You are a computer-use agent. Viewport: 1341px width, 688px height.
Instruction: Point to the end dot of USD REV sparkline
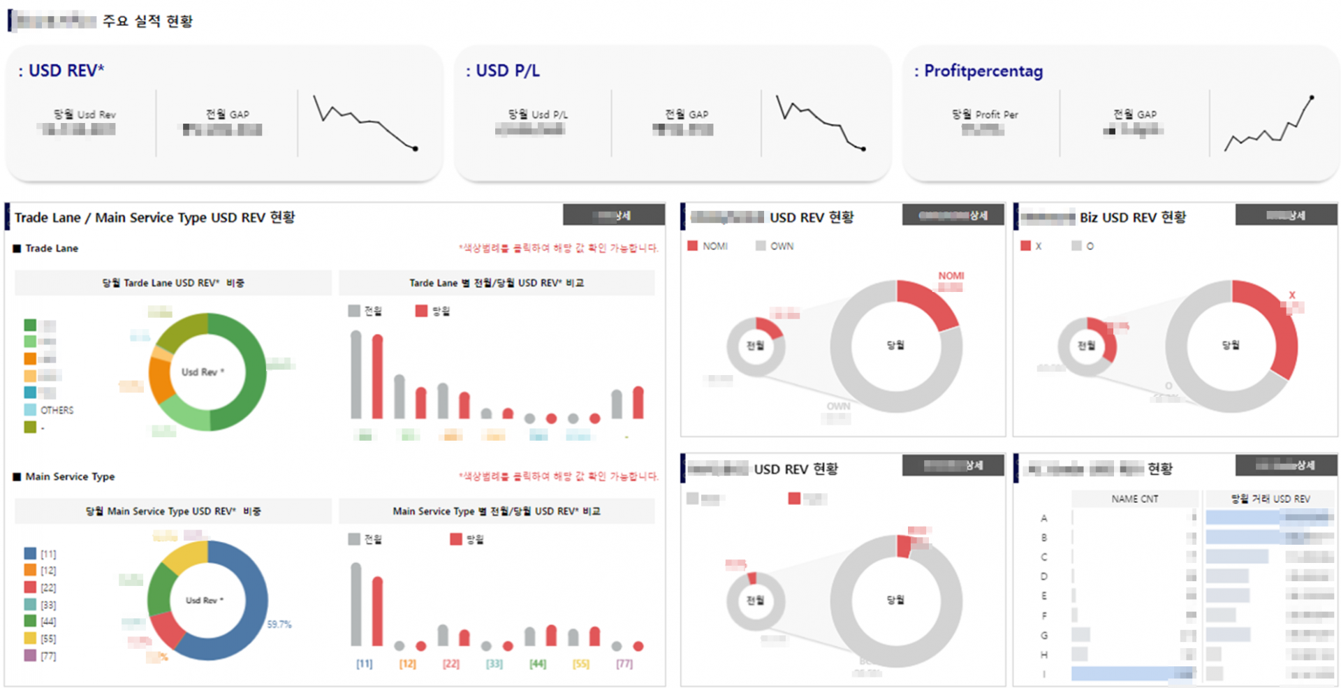[416, 149]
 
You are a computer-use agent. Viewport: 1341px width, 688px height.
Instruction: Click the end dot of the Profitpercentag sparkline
[1312, 98]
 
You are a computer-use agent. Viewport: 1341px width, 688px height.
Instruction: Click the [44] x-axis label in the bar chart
[537, 664]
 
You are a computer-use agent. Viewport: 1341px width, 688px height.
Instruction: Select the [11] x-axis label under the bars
[364, 664]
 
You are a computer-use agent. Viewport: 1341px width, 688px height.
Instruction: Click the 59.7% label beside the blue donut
[279, 624]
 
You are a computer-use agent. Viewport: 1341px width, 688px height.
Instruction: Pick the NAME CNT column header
[1134, 499]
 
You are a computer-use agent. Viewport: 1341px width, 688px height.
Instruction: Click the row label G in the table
[1044, 635]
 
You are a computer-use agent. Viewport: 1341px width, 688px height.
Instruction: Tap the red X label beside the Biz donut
[1292, 295]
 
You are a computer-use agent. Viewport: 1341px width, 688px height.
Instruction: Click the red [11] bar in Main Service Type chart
[378, 611]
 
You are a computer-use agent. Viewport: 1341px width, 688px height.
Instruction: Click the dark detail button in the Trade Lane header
[613, 215]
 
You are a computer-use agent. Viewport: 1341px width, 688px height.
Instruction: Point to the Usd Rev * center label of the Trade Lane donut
[203, 372]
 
